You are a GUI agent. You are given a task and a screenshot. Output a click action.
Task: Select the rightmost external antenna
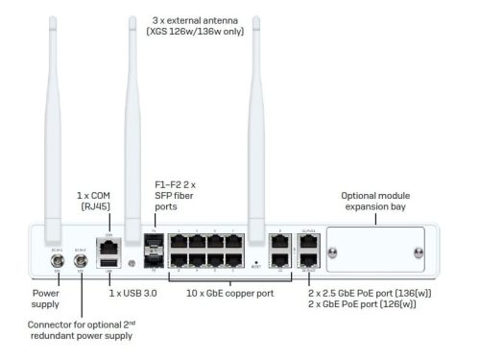pos(257,125)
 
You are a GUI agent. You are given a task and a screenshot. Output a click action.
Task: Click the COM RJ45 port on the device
pos(108,243)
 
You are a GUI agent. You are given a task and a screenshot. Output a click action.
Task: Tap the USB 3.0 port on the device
pos(108,261)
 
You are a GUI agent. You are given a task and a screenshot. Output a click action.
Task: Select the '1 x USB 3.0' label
pos(132,292)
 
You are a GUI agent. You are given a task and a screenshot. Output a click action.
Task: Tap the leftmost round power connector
pos(57,258)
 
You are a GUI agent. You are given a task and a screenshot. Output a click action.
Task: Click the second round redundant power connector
pos(81,258)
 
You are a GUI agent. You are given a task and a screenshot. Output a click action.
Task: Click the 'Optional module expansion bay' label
pos(377,202)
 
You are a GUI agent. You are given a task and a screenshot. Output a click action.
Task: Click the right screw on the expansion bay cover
pos(419,253)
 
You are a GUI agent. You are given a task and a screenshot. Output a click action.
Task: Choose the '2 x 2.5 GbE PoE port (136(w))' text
pos(368,292)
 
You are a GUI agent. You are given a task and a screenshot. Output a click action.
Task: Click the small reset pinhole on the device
pos(257,261)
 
